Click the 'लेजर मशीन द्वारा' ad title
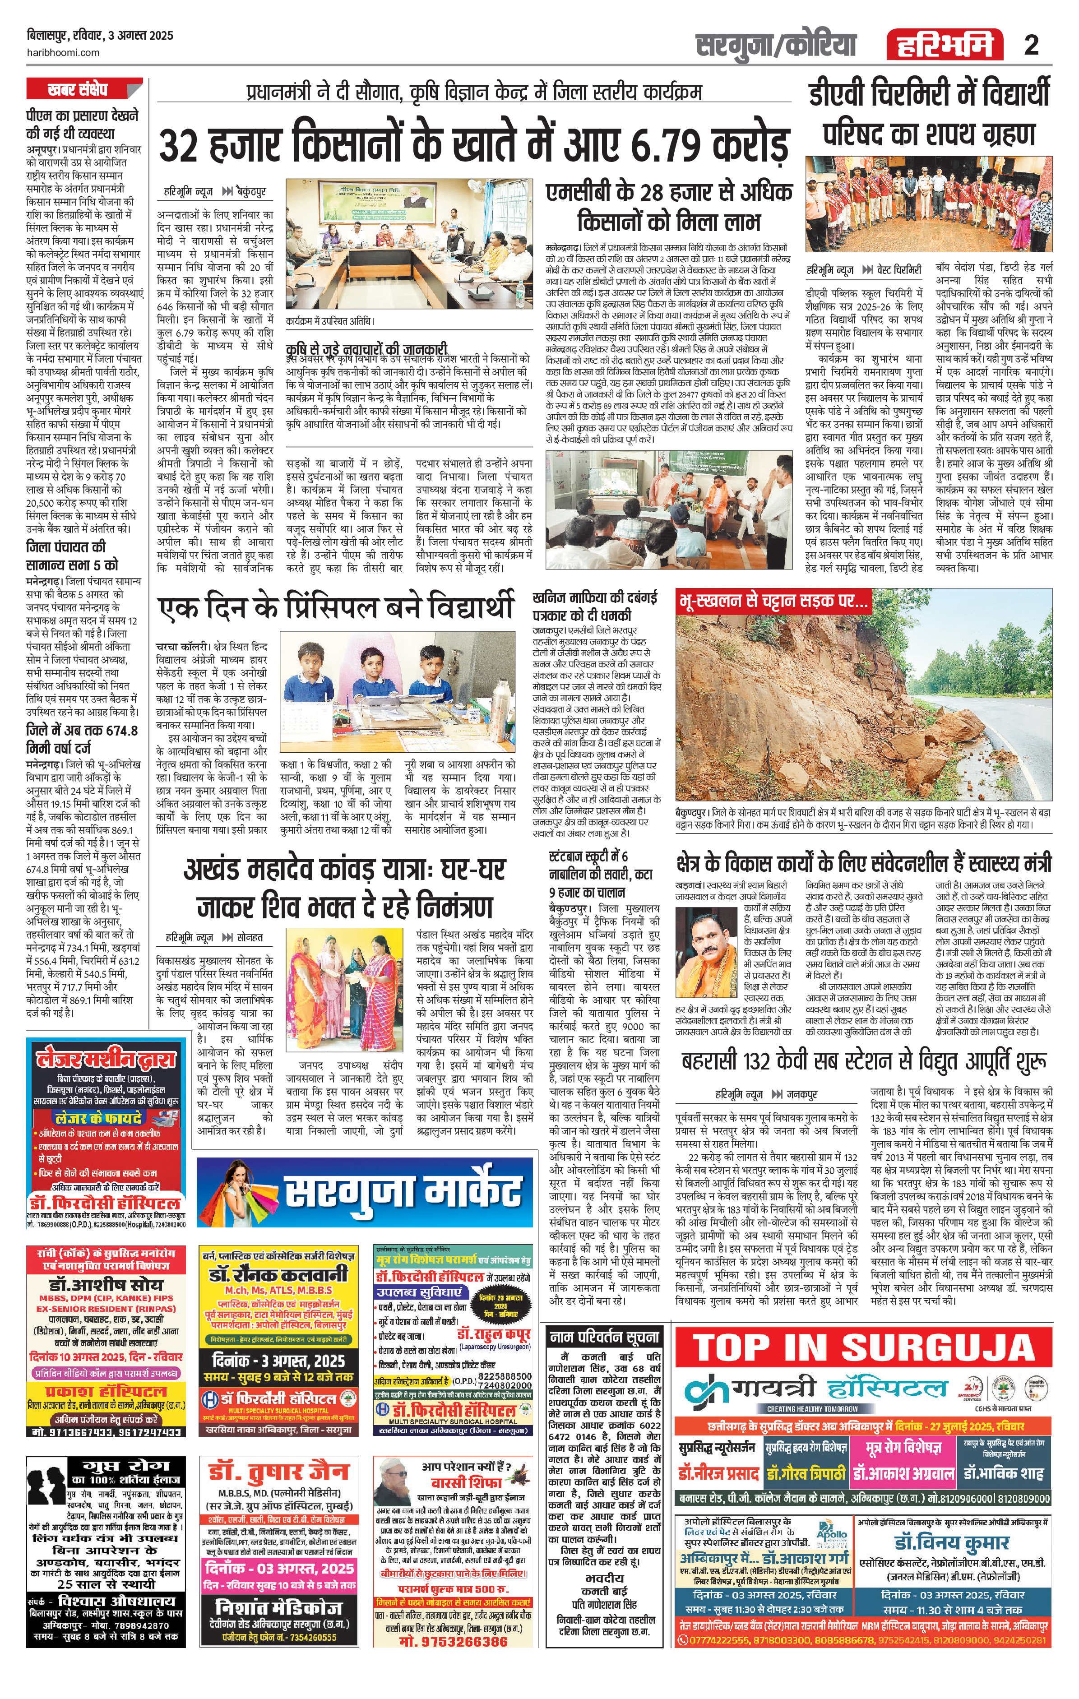[x=106, y=1060]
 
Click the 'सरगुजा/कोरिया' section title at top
[x=776, y=45]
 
